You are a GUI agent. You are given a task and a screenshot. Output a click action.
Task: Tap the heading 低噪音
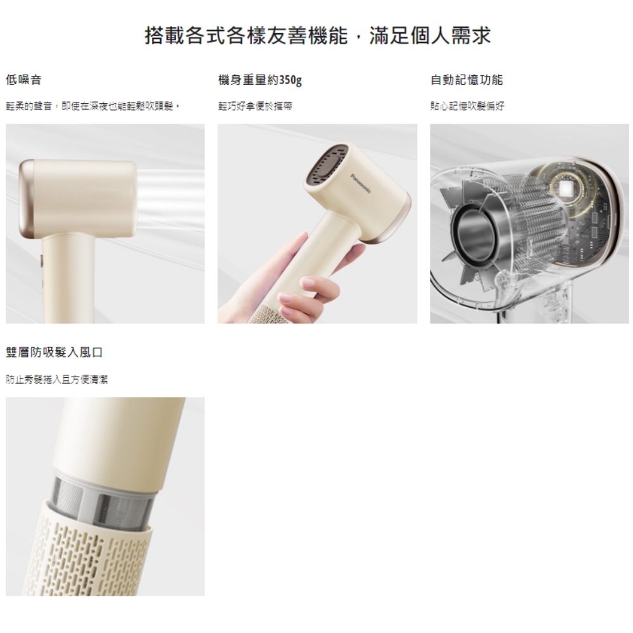click(x=24, y=80)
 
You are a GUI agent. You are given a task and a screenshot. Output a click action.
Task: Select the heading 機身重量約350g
click(x=260, y=80)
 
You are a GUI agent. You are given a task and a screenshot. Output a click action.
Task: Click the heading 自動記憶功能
click(x=467, y=80)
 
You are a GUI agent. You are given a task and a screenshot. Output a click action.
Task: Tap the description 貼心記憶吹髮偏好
click(x=467, y=106)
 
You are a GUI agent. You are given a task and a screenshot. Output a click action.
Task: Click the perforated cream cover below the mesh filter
click(x=95, y=557)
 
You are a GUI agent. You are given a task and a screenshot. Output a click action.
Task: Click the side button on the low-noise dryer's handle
click(x=41, y=261)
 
